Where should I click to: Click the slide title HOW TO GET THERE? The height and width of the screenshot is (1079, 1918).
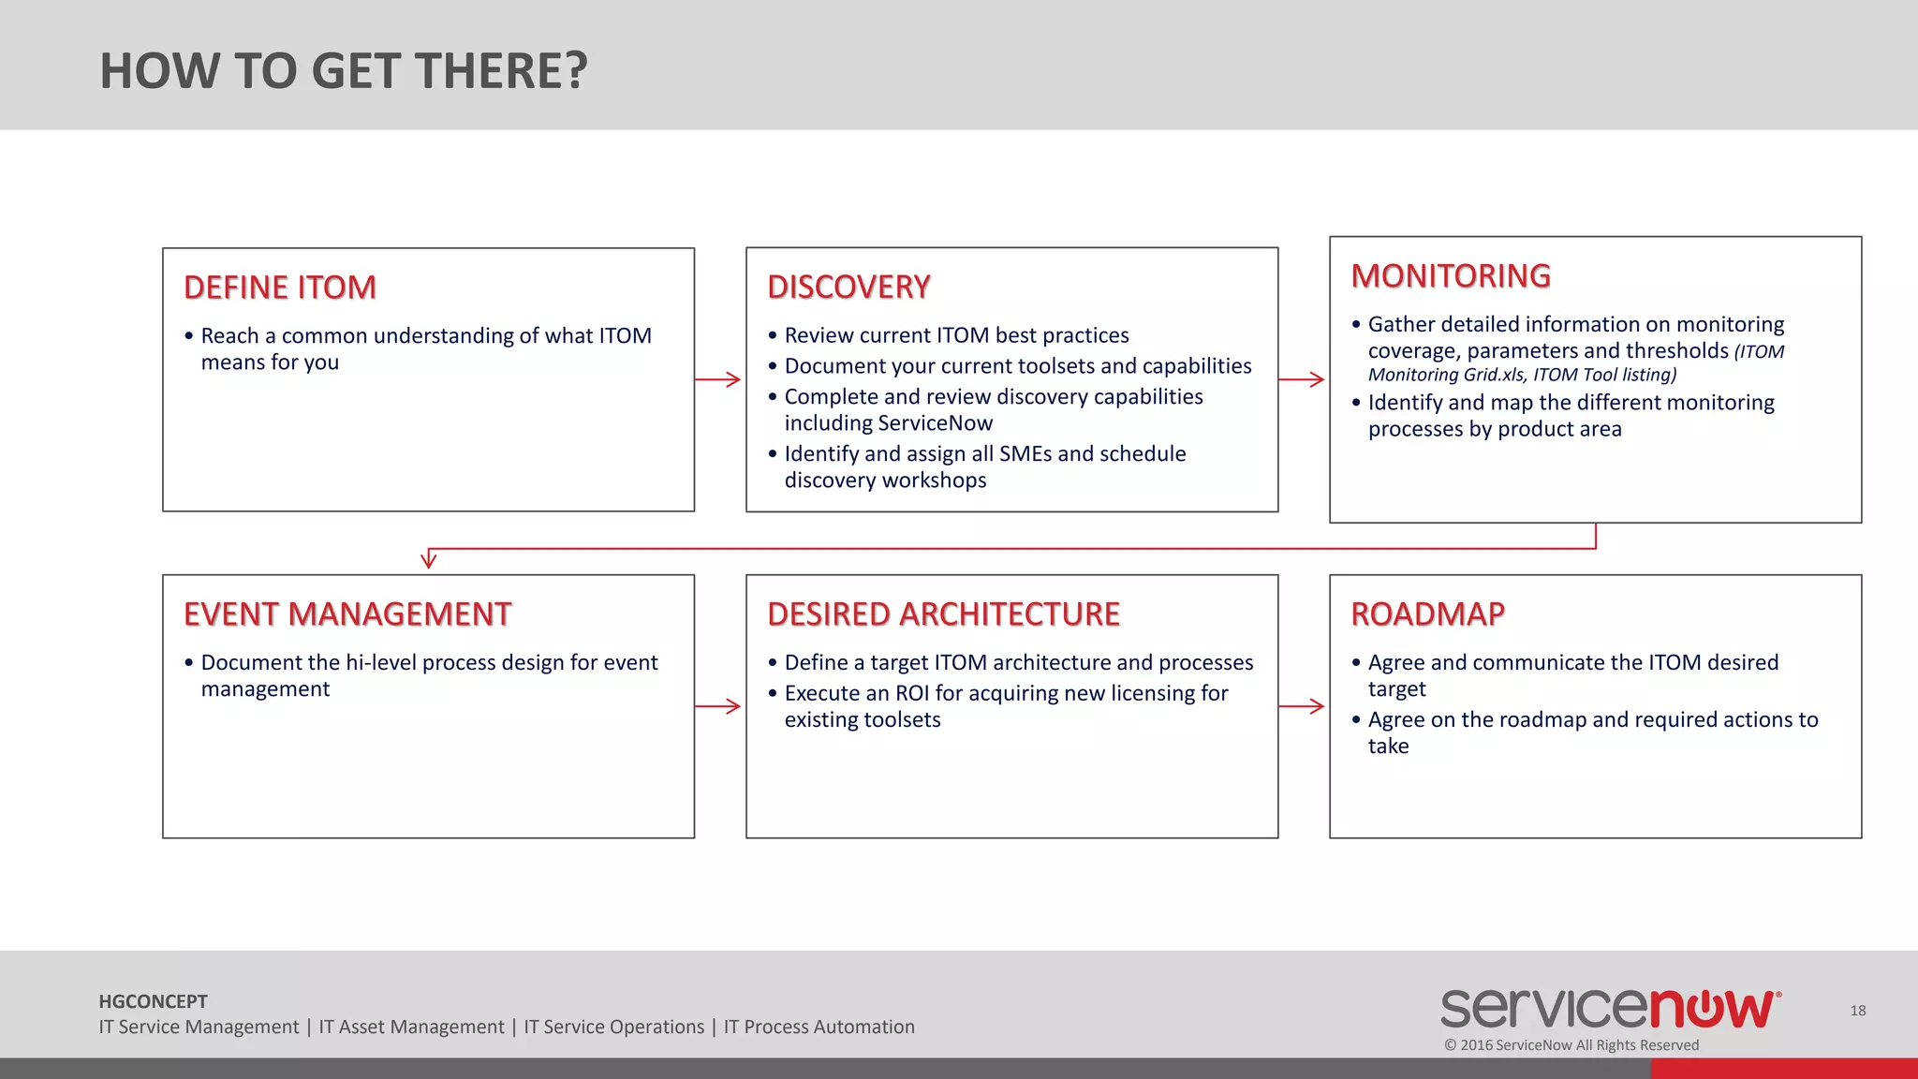click(344, 71)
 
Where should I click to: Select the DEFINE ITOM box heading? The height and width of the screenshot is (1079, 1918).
click(280, 288)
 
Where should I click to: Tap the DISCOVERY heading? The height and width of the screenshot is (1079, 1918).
click(848, 287)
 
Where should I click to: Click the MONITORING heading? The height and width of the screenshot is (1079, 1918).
click(1451, 276)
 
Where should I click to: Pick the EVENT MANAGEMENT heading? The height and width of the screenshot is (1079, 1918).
click(347, 614)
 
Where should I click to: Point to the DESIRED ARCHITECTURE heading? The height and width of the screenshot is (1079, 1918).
click(943, 614)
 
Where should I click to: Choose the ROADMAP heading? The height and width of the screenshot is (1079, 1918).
click(1427, 614)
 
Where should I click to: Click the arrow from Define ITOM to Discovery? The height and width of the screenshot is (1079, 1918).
click(718, 379)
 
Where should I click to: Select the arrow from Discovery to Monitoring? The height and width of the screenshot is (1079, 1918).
click(1302, 379)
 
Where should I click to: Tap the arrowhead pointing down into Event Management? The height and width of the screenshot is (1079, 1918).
click(429, 560)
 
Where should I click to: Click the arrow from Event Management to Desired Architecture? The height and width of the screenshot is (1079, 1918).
click(718, 706)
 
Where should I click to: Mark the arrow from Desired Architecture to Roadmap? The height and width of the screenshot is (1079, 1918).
click(1302, 706)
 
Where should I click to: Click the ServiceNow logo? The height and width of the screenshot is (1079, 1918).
click(1610, 1009)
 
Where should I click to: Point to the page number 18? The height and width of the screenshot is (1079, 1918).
click(1858, 1011)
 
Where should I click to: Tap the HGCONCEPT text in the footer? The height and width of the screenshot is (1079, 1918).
click(153, 1001)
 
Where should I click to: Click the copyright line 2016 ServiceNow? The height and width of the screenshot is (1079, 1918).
click(1571, 1045)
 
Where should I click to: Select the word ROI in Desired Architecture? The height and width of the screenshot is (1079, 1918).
click(911, 693)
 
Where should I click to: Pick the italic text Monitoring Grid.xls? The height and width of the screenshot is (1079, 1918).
click(1447, 375)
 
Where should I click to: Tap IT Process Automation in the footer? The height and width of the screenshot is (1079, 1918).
click(819, 1027)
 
